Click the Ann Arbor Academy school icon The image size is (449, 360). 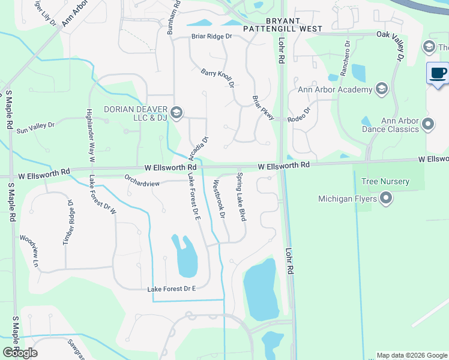pos(381,89)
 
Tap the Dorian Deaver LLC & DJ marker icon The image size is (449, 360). pos(176,112)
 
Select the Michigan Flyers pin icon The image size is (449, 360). pos(386,197)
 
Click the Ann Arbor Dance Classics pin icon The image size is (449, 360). pos(428,124)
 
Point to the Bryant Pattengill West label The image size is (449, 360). pos(286,25)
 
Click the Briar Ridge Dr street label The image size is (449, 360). pos(211,37)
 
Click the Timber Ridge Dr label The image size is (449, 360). pos(68,221)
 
